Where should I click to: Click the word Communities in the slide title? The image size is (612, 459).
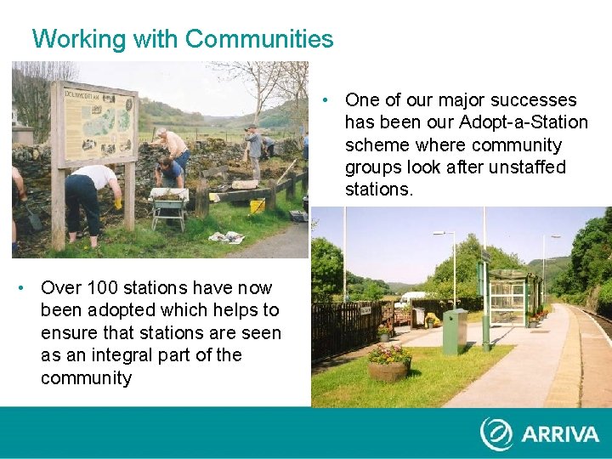tap(259, 39)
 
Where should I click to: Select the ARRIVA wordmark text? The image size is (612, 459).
tap(561, 433)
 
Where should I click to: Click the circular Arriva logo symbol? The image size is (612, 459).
tap(496, 433)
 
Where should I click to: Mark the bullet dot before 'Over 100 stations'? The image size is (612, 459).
tap(21, 287)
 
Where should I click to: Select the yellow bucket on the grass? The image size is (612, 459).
tap(258, 207)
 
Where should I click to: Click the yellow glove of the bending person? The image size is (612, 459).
tap(117, 205)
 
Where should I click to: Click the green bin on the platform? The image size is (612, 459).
tap(454, 331)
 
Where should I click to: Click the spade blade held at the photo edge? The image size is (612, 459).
tap(32, 221)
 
